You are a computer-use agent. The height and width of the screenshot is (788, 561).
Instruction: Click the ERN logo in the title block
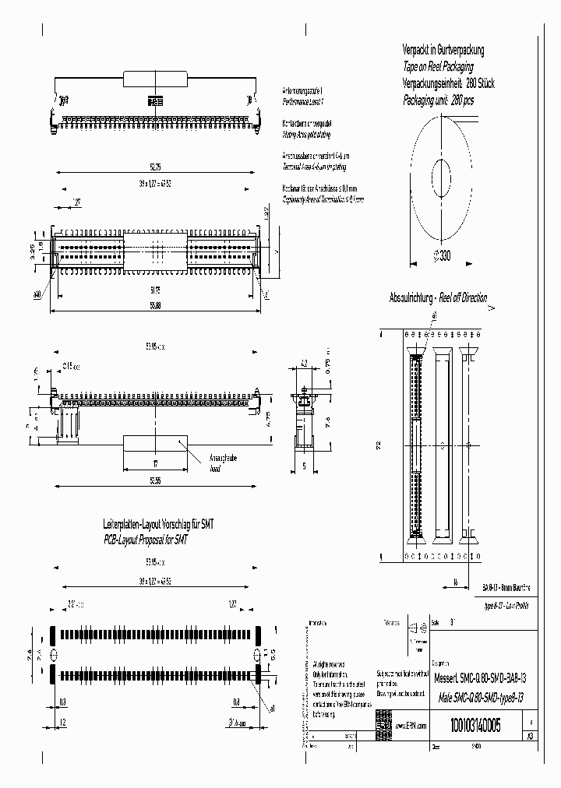pos(384,721)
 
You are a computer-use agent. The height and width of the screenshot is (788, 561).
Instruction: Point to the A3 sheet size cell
pos(531,737)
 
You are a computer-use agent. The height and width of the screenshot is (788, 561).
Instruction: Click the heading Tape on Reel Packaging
pos(441,68)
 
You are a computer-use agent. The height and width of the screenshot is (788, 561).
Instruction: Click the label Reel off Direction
pos(463,298)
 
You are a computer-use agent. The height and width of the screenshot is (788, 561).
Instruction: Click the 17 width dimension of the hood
pos(153,463)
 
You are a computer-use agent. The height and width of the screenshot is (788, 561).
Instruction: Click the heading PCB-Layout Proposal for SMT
pos(146,539)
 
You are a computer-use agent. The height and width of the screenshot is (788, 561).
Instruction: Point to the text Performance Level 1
pos(302,102)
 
